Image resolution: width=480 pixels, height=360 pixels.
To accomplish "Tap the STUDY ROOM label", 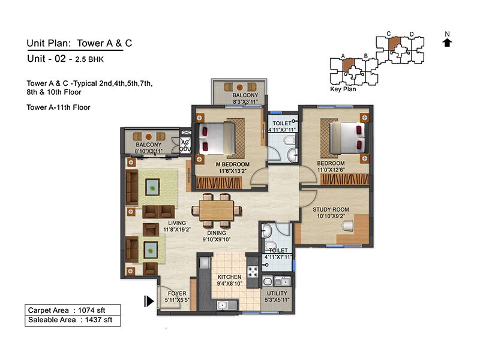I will (x=331, y=209).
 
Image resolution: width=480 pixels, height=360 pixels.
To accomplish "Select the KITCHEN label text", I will (x=229, y=277).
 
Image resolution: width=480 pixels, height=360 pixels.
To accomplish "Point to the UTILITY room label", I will (x=277, y=292).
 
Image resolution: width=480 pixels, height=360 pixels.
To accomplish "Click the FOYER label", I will (x=176, y=293).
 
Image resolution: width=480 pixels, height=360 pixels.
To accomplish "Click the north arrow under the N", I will (x=447, y=42).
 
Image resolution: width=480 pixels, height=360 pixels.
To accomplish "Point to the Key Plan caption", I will (x=343, y=89).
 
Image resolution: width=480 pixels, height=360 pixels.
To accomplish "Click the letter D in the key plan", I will (x=412, y=34).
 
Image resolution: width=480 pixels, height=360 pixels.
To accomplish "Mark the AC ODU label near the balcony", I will (x=185, y=146).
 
